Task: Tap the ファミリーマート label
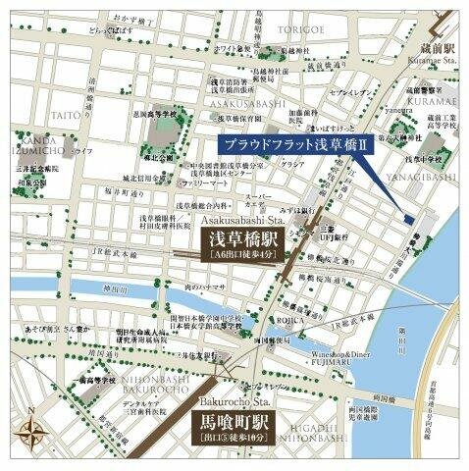(203, 184)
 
